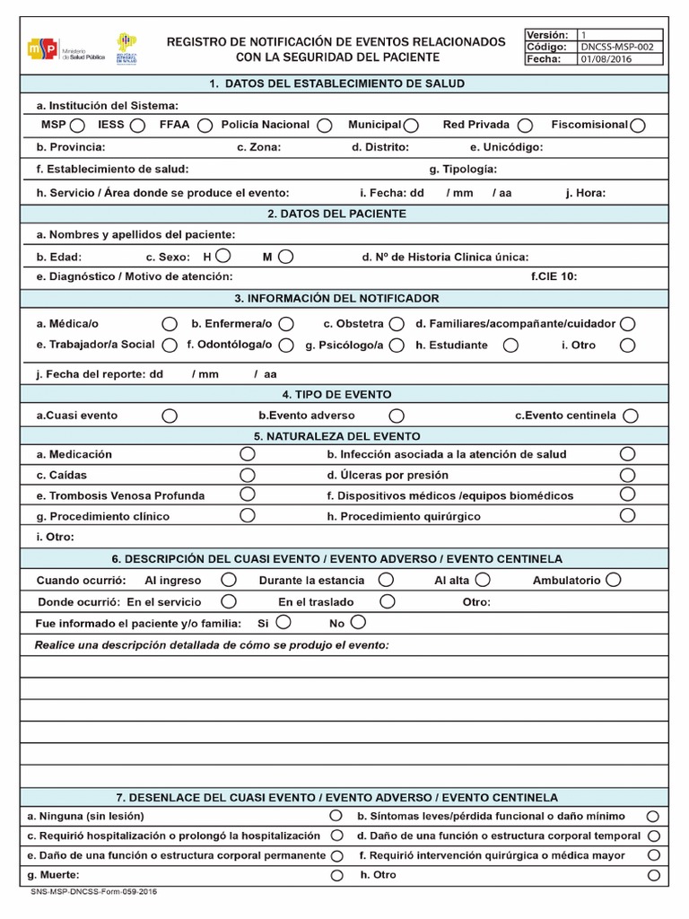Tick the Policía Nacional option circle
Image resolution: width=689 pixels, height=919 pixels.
coord(324,126)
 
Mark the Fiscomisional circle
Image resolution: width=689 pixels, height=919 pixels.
coord(638,126)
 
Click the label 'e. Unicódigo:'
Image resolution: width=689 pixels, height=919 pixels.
coord(506,147)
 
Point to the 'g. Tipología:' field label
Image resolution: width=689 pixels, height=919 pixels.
coord(463,169)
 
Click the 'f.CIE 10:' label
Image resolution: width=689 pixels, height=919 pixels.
coord(554,276)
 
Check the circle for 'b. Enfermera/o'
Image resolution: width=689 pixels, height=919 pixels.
coord(285,323)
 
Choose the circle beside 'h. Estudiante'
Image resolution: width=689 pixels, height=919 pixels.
coord(510,345)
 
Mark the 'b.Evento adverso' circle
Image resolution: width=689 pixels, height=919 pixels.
coord(397,416)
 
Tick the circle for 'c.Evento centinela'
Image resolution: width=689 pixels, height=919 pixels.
coord(631,416)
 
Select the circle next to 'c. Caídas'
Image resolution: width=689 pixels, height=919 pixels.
coord(248,475)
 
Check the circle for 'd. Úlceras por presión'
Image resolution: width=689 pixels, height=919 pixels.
coord(628,475)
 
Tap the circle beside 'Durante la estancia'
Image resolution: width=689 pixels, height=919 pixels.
coord(386,581)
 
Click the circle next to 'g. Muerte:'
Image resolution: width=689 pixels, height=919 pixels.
coord(336,875)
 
